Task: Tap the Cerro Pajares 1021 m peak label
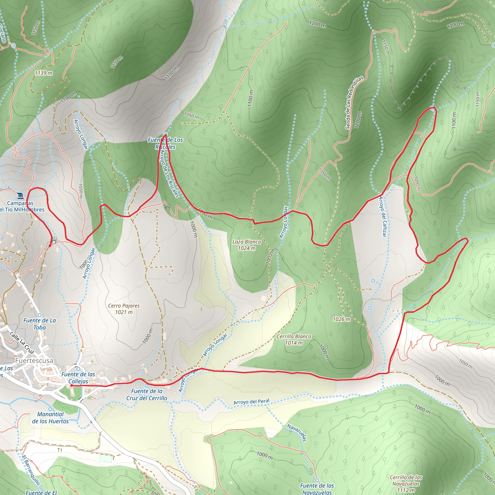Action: pyautogui.click(x=124, y=309)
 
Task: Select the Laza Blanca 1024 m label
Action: pyautogui.click(x=247, y=245)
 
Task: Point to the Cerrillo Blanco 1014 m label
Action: pyautogui.click(x=294, y=340)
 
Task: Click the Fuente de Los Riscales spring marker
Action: pyautogui.click(x=165, y=134)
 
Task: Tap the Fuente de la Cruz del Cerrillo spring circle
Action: pyautogui.click(x=146, y=386)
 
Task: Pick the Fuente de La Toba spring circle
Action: pyautogui.click(x=39, y=315)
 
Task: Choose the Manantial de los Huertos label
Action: pyautogui.click(x=50, y=418)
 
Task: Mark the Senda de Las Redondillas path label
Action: pyautogui.click(x=354, y=102)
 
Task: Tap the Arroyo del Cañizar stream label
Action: pyautogui.click(x=383, y=217)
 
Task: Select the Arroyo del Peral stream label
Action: pyautogui.click(x=251, y=401)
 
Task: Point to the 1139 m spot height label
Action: pyautogui.click(x=44, y=73)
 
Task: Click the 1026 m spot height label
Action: pyautogui.click(x=341, y=319)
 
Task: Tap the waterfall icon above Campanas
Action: pyautogui.click(x=20, y=196)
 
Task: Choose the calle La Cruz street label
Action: pyautogui.click(x=22, y=342)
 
